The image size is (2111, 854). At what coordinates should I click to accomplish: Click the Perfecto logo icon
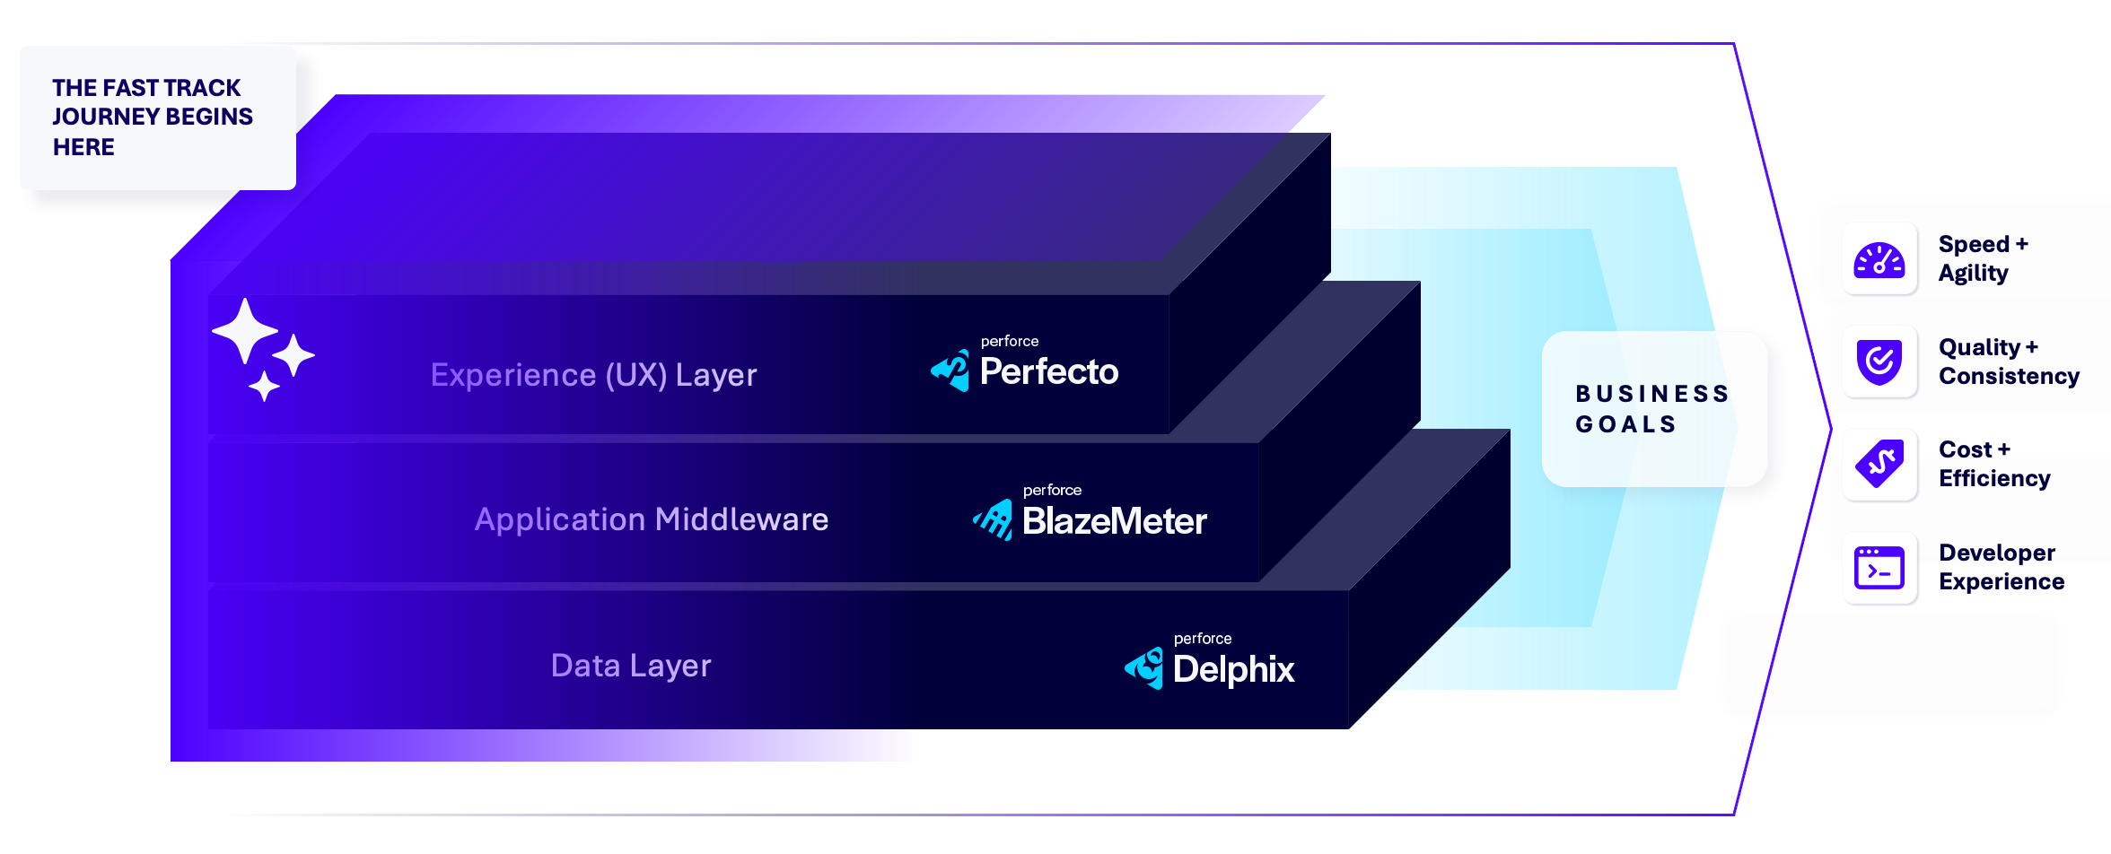(x=950, y=370)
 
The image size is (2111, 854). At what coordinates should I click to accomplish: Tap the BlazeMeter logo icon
(x=994, y=520)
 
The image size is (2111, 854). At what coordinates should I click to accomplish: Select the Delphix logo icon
(x=1144, y=668)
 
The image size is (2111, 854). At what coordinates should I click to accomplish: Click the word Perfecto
(x=1048, y=371)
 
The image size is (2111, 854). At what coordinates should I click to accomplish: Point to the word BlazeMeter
(x=1114, y=521)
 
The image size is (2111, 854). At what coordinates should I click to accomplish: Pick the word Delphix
(x=1233, y=669)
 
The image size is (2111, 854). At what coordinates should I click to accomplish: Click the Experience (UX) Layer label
(x=593, y=375)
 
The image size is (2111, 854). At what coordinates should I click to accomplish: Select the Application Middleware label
(x=651, y=519)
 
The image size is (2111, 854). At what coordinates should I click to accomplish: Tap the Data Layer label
(x=630, y=666)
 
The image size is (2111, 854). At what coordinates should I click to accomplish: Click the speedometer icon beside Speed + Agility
(x=1879, y=259)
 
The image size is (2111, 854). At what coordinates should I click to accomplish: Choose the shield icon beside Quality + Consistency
(x=1879, y=362)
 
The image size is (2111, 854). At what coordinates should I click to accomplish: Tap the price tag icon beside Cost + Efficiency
(x=1879, y=465)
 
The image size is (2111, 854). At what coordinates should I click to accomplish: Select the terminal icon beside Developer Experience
(x=1879, y=568)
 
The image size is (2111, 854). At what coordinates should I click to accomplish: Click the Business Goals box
(x=1653, y=409)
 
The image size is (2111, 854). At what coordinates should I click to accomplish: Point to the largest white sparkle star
(x=244, y=331)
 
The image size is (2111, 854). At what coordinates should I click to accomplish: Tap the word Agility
(x=1973, y=274)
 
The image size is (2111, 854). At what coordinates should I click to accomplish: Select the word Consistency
(x=2009, y=376)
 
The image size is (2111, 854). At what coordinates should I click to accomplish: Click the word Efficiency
(x=1994, y=479)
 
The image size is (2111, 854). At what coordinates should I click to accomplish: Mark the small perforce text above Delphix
(x=1202, y=639)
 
